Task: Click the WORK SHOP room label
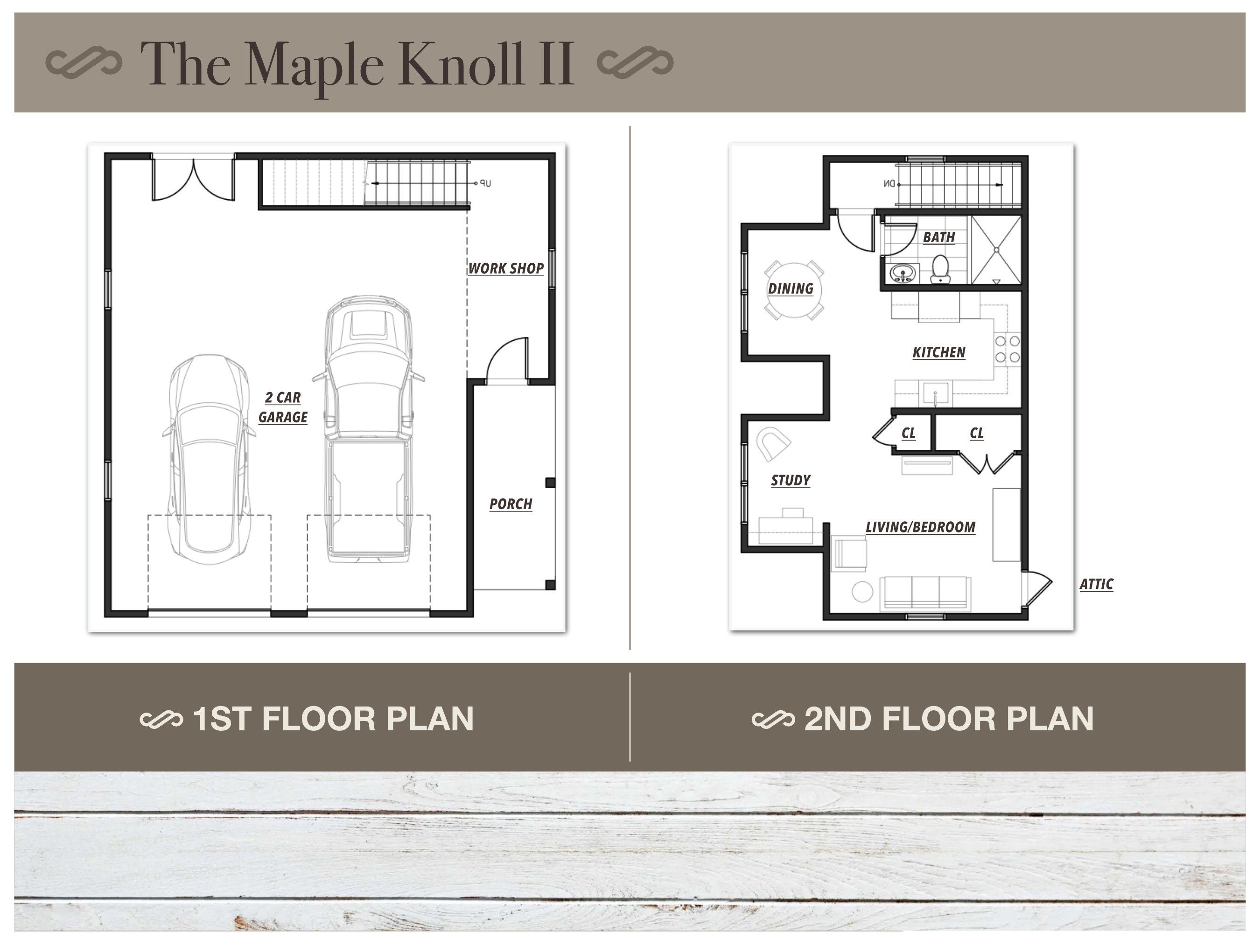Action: point(506,268)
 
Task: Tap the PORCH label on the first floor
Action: point(511,504)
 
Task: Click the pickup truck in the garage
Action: point(369,427)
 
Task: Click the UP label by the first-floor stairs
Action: point(484,183)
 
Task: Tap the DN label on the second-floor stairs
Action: point(889,184)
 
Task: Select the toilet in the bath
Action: point(940,269)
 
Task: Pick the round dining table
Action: point(793,289)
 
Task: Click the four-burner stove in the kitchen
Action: point(1007,349)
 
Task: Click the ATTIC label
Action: point(1096,584)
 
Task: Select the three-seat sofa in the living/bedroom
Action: point(925,593)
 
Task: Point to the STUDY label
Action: point(791,480)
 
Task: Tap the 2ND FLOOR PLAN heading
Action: point(948,718)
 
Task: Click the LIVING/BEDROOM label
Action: point(920,527)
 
